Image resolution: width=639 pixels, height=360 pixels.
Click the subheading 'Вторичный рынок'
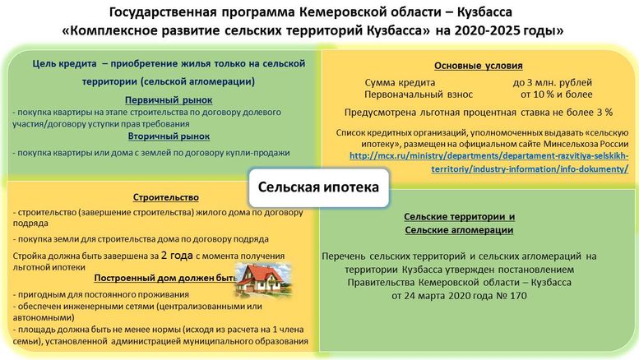[169, 136]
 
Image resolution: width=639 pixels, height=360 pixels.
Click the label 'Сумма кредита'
[398, 83]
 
